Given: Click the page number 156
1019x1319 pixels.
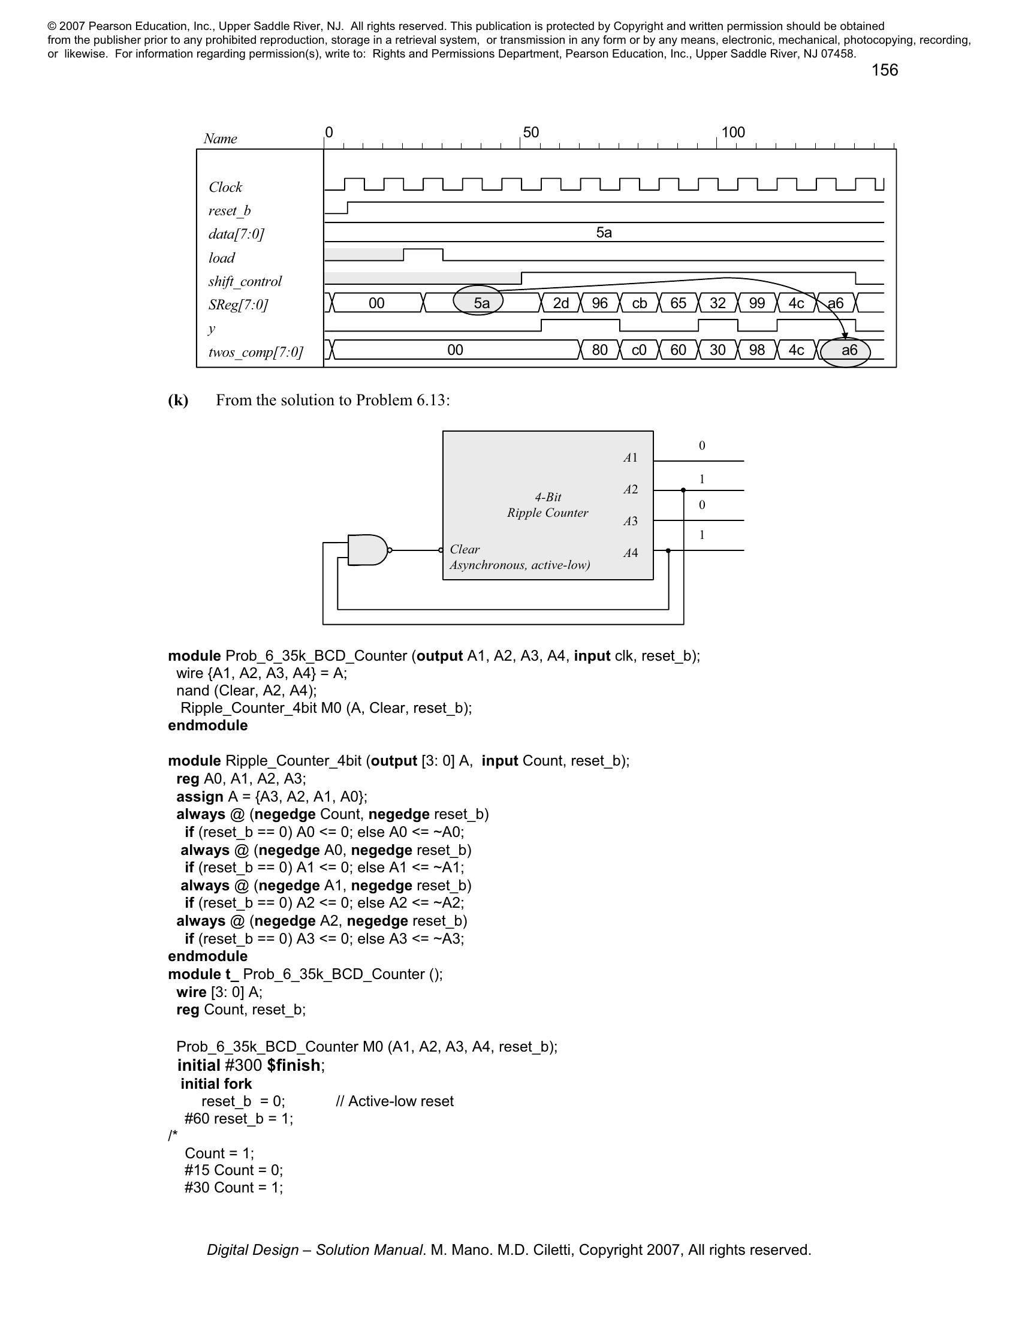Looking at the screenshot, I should [884, 70].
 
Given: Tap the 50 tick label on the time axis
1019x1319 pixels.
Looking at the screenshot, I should [530, 132].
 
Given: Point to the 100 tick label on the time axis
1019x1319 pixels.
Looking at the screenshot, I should [733, 132].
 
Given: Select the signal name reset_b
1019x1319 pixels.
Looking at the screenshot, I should [230, 211].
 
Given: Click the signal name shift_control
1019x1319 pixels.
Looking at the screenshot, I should [245, 281].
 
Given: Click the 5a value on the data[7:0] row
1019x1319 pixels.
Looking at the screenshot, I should [604, 233].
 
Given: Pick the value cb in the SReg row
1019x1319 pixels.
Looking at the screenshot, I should [640, 303].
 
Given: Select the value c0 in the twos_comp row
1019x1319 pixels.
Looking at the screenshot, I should [640, 350].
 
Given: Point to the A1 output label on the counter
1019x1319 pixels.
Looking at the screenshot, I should [630, 458].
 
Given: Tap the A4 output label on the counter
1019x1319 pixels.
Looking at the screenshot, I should [630, 553].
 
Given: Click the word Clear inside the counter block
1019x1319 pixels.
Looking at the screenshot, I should [465, 549].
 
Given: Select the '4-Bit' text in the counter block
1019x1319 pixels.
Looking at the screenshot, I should [547, 497].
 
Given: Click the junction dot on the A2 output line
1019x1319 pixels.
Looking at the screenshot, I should [683, 490].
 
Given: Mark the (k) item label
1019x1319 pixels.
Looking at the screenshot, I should [178, 400].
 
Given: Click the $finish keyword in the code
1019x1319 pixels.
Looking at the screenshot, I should [293, 1065].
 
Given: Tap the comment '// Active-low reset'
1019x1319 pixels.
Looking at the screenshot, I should [394, 1101].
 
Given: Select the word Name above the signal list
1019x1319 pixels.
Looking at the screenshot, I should [221, 138].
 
